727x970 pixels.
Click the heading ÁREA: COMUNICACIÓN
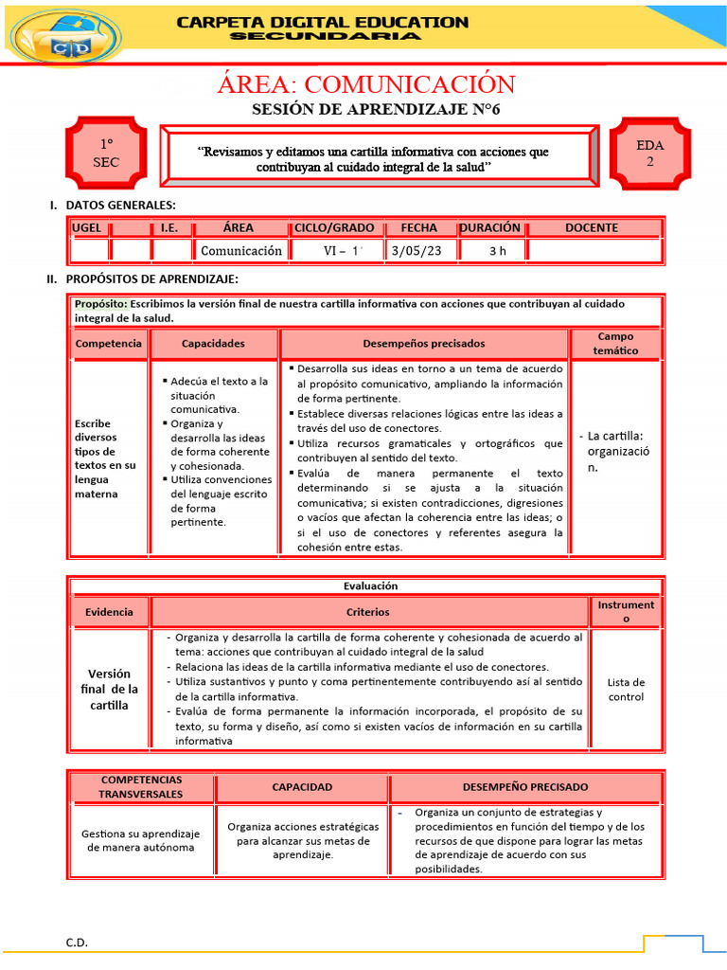pos(365,84)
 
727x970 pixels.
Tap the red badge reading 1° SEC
pos(106,153)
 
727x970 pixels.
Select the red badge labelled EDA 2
pos(649,153)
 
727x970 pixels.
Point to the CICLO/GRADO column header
pos(334,228)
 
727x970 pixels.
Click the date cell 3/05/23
pos(418,251)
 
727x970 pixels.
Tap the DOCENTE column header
pos(592,228)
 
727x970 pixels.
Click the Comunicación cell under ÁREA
pos(240,251)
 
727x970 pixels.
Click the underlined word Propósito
pos(100,304)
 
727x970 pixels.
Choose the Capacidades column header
pos(213,344)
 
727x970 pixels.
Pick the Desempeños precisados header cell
pos(423,344)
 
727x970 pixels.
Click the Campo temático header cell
pos(615,344)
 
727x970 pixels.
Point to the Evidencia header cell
pos(109,612)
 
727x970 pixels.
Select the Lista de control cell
pos(626,690)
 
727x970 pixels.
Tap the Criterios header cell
pos(367,612)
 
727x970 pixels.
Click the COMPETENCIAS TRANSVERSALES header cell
pos(141,786)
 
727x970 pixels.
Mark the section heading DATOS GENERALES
pos(120,205)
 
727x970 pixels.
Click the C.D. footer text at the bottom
pos(77,943)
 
